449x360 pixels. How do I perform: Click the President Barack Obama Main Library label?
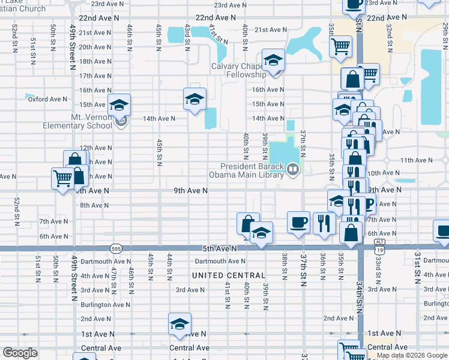pyautogui.click(x=252, y=170)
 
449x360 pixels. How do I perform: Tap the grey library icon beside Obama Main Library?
pyautogui.click(x=292, y=170)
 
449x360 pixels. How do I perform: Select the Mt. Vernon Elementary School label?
pyautogui.click(x=77, y=122)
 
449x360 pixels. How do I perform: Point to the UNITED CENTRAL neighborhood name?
pyautogui.click(x=228, y=275)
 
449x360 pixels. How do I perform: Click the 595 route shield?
pyautogui.click(x=116, y=248)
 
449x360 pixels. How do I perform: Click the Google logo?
pyautogui.click(x=20, y=352)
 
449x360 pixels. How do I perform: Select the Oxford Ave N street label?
pyautogui.click(x=47, y=99)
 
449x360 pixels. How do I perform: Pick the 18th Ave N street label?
pyautogui.click(x=95, y=61)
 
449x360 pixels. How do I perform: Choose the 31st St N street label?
pyautogui.click(x=417, y=268)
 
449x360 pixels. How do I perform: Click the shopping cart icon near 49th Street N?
pyautogui.click(x=62, y=179)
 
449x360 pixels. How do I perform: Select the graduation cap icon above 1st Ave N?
pyautogui.click(x=179, y=323)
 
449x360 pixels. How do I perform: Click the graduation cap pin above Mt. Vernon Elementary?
pyautogui.click(x=119, y=104)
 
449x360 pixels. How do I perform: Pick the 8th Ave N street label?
pyautogui.click(x=94, y=205)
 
